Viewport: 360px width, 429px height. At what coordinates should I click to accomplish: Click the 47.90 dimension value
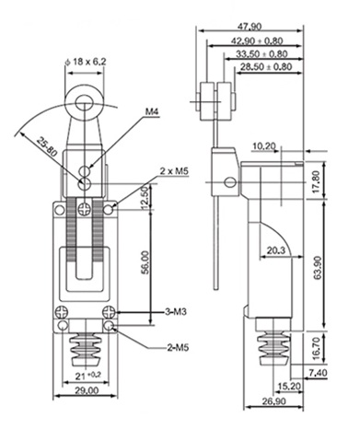tap(250, 27)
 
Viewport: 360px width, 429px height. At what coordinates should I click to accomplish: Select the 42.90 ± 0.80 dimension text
tap(257, 41)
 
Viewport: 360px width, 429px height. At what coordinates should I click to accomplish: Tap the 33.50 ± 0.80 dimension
tap(261, 54)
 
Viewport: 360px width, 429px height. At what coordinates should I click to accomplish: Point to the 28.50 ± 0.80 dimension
tap(266, 66)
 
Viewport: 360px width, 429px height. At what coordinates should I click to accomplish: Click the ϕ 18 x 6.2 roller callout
tap(86, 62)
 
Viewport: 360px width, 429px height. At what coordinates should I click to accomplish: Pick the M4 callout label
tap(153, 111)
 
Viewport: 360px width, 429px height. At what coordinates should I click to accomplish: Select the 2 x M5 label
tap(173, 171)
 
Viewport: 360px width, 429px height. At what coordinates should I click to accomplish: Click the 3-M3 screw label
tap(176, 312)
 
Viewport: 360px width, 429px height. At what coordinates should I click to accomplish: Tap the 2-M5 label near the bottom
tap(178, 348)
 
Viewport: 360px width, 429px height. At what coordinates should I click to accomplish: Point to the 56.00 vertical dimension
tap(145, 262)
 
